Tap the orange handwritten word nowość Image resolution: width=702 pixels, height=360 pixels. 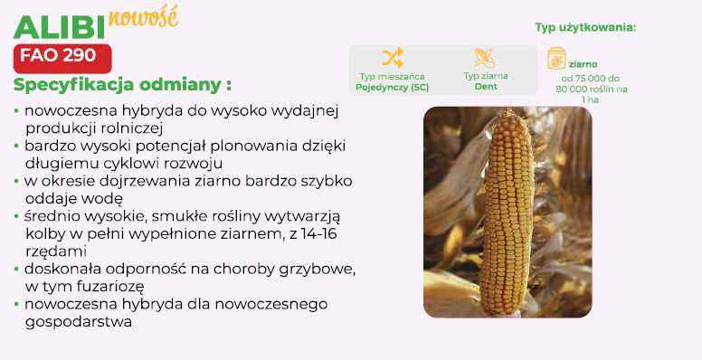[143, 16]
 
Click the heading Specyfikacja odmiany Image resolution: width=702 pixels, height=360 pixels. [122, 85]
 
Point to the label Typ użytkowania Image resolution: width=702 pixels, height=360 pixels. [585, 27]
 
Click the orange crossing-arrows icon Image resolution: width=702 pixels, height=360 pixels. [392, 59]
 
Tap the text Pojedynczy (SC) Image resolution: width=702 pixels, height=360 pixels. [392, 88]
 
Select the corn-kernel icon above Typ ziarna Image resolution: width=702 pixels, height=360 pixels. [486, 59]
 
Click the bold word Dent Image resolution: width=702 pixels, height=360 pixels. [486, 88]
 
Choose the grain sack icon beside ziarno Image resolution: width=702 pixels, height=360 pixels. [556, 62]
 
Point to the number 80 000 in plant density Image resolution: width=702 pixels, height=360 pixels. [575, 89]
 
